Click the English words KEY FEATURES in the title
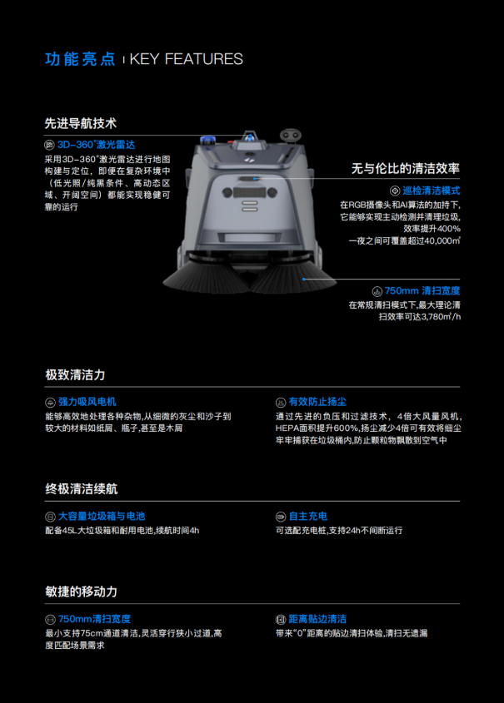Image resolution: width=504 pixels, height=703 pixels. click(187, 59)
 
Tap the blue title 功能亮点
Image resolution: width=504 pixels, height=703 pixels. click(80, 59)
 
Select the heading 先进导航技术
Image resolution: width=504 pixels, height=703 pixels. click(81, 123)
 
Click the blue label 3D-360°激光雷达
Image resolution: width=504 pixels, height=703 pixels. click(96, 145)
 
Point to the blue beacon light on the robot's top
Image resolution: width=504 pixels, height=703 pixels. click(207, 140)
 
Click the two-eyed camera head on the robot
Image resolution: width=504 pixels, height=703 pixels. click(291, 135)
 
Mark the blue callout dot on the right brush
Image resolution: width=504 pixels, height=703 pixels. click(304, 279)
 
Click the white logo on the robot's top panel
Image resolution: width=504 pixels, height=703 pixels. click(251, 159)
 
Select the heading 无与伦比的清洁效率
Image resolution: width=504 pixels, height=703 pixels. click(405, 169)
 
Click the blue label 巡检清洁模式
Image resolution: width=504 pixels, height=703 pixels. click(432, 191)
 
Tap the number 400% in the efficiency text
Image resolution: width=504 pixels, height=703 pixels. click(448, 229)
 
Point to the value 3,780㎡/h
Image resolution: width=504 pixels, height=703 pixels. click(442, 317)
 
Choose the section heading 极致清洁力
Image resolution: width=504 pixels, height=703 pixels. click(75, 375)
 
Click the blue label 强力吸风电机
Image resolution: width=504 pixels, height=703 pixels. click(87, 402)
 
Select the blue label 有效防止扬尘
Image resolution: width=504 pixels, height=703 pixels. click(317, 402)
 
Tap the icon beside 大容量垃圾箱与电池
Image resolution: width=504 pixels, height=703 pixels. click(50, 517)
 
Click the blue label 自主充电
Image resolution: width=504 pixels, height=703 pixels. click(308, 516)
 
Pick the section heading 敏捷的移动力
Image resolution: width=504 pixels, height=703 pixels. click(82, 592)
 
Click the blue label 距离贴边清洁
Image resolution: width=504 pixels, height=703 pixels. click(317, 619)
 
